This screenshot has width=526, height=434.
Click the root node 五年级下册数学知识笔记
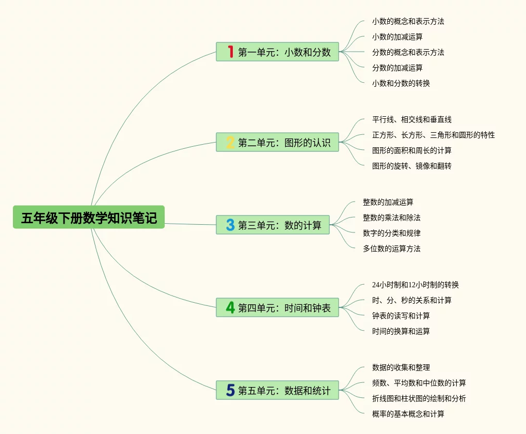89,218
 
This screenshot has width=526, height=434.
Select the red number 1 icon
230,52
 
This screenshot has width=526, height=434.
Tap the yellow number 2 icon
230,142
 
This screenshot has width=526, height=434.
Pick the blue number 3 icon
230,225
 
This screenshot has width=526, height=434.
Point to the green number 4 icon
230,307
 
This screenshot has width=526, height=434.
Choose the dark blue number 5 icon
230,390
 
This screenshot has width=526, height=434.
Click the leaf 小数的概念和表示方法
408,21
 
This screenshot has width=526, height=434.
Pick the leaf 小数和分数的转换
401,83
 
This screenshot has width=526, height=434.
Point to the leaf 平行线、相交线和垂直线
411,119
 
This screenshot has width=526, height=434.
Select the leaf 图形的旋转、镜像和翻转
411,166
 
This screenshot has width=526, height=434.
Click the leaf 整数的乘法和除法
391,218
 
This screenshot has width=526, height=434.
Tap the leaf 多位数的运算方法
391,249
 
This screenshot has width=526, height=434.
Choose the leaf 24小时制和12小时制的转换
415,285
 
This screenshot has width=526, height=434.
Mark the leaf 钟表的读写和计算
401,316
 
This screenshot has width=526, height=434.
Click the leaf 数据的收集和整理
401,367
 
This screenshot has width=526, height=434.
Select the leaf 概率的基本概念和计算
408,414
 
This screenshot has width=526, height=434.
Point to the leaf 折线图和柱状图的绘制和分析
419,398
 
